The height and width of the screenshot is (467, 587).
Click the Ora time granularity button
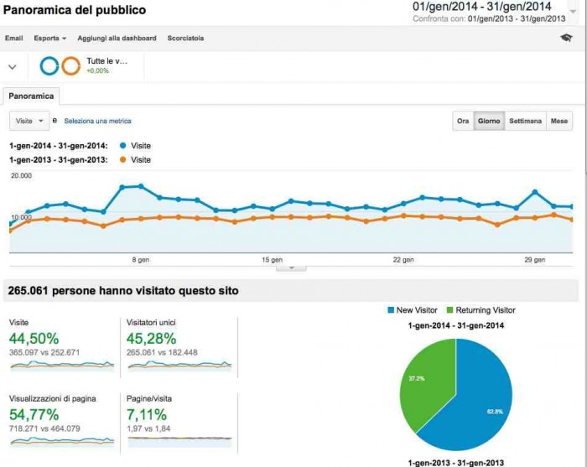point(463,121)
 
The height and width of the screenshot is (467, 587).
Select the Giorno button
point(489,121)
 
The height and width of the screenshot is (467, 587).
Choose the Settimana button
point(525,121)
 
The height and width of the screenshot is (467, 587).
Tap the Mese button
point(559,121)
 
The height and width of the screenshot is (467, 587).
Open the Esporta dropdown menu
point(50,39)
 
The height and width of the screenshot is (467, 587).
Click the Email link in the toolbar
point(13,39)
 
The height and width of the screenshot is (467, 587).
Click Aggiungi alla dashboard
point(117,39)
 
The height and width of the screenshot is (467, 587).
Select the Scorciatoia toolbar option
point(185,39)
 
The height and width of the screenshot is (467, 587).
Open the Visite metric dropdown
point(30,121)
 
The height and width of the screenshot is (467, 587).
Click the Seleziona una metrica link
point(97,122)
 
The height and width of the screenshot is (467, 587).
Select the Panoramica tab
point(32,96)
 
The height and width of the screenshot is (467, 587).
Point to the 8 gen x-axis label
point(140,260)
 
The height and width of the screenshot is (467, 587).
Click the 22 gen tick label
point(403,260)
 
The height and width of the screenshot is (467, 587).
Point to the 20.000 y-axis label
point(21,176)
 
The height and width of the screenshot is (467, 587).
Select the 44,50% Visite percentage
point(34,339)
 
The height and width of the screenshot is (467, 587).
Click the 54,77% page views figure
point(34,414)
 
